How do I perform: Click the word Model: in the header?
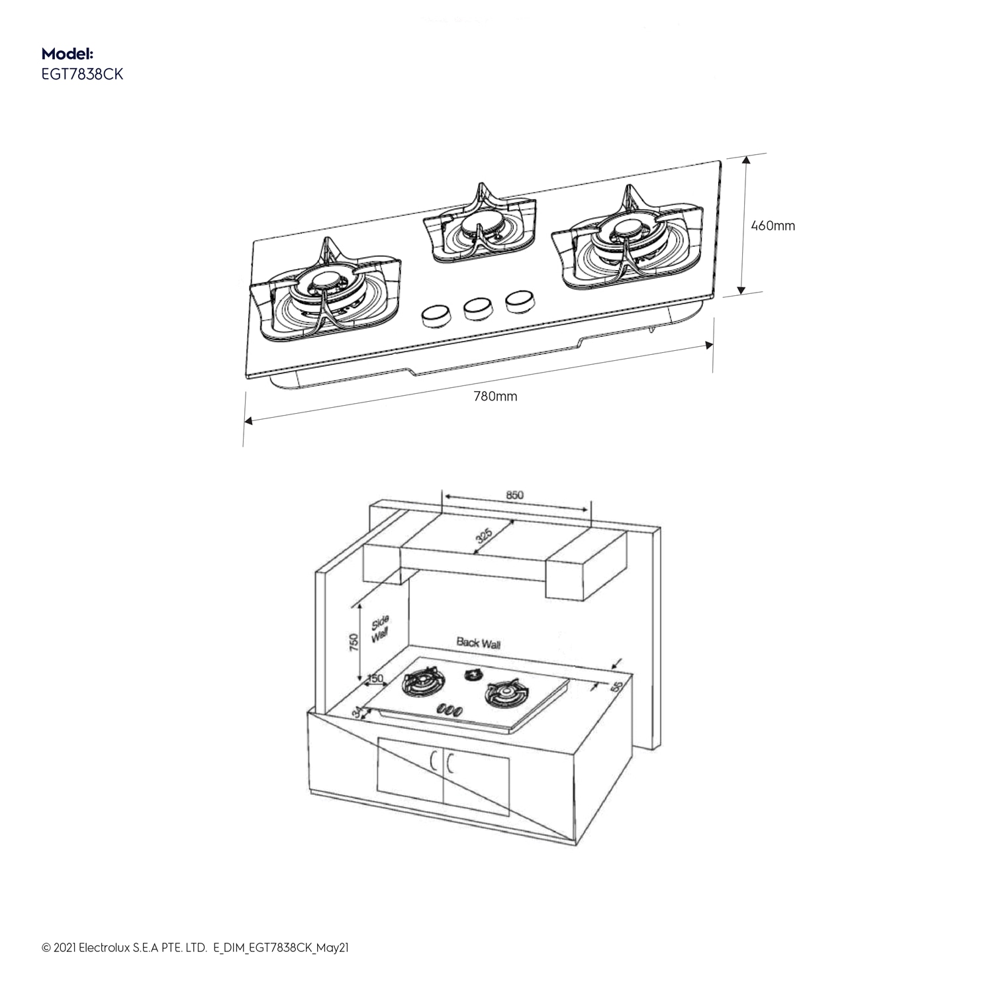pyautogui.click(x=67, y=54)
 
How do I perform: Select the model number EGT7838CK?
pyautogui.click(x=82, y=74)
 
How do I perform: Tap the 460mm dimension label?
pyautogui.click(x=773, y=226)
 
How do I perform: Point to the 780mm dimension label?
pyautogui.click(x=495, y=397)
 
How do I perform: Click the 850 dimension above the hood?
pyautogui.click(x=514, y=495)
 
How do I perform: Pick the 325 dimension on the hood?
pyautogui.click(x=485, y=536)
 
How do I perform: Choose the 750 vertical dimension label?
pyautogui.click(x=354, y=642)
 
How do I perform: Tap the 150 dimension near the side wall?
pyautogui.click(x=375, y=679)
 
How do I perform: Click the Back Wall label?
pyautogui.click(x=478, y=643)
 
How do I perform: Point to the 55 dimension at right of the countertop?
pyautogui.click(x=617, y=687)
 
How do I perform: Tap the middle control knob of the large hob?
pyautogui.click(x=477, y=307)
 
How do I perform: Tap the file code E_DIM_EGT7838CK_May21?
pyautogui.click(x=281, y=948)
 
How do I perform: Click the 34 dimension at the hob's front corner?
pyautogui.click(x=357, y=712)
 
